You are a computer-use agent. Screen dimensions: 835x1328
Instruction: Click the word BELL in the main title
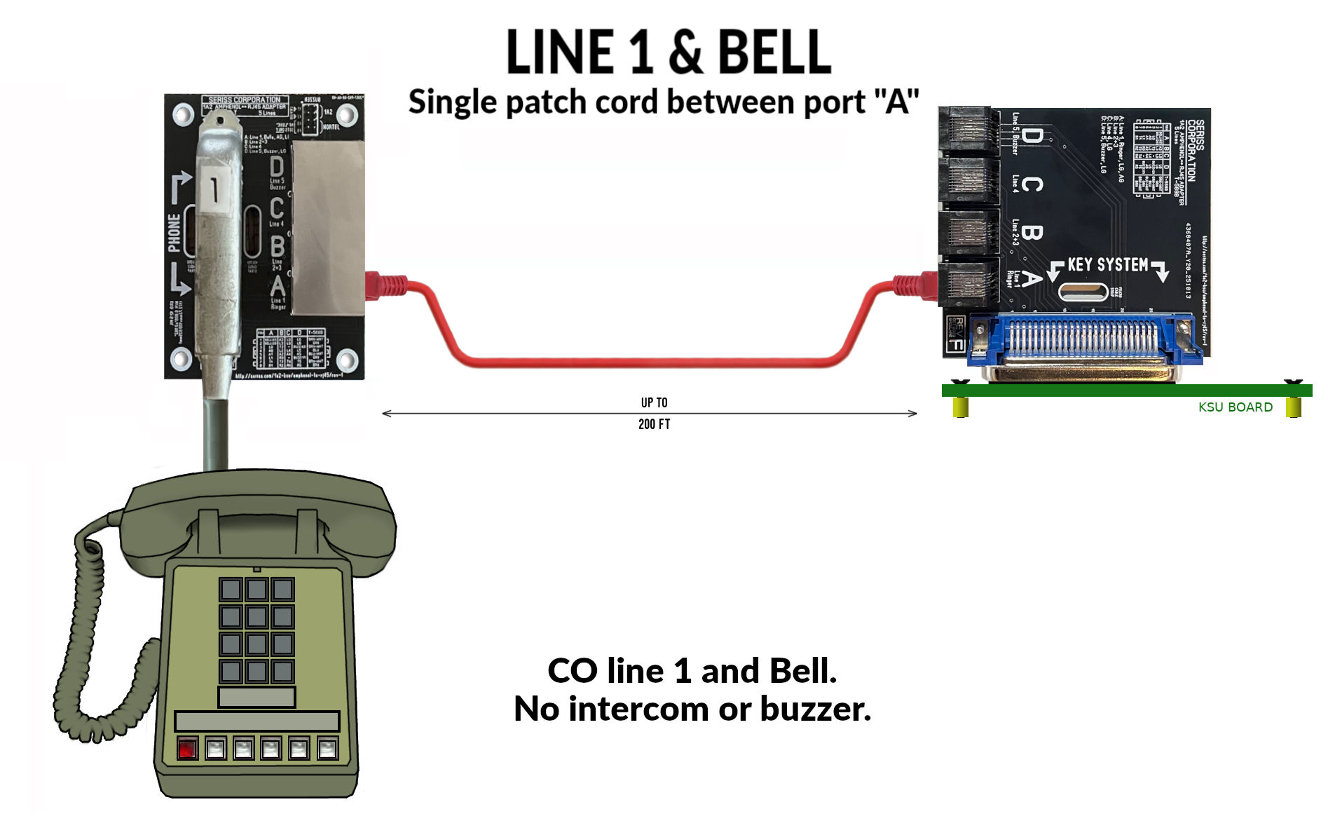(774, 53)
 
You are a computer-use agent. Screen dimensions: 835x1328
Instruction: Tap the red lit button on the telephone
(187, 749)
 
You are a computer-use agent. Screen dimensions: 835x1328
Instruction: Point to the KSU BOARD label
(1235, 407)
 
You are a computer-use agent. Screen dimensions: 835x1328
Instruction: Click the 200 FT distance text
(654, 424)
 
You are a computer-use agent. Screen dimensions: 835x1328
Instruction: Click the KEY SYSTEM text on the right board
(1107, 265)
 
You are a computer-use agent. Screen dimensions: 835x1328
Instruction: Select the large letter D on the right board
(1030, 136)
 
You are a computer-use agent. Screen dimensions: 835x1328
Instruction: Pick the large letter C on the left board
(277, 208)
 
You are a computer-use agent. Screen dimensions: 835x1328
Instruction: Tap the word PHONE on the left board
(174, 232)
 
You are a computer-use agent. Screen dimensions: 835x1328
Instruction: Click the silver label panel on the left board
(327, 227)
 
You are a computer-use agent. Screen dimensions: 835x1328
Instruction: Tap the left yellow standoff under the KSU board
(960, 407)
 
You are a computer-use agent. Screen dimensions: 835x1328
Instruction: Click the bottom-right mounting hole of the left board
(346, 360)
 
